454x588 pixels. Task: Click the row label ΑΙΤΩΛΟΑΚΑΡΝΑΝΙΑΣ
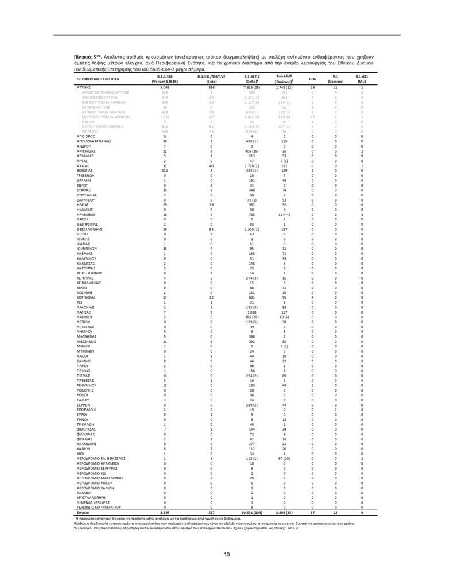tap(94, 141)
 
